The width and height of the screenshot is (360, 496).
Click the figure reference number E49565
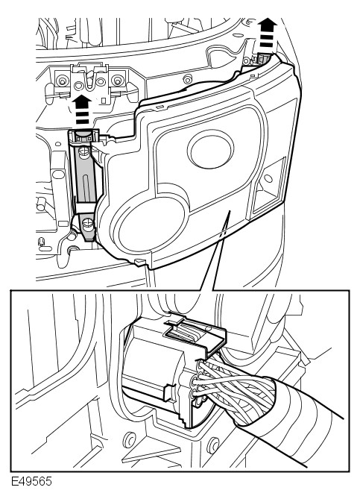tap(31, 481)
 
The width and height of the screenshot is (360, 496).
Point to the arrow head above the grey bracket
tap(82, 101)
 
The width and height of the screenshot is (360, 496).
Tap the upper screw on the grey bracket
tap(83, 152)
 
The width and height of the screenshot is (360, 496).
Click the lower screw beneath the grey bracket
tap(87, 224)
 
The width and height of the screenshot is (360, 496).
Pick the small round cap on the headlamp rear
tap(210, 148)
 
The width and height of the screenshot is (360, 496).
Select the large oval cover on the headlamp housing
tap(149, 223)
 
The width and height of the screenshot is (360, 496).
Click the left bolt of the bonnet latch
tap(61, 81)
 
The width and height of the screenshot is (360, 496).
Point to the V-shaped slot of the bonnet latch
tap(89, 81)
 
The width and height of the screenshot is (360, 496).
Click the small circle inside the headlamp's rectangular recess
tap(268, 179)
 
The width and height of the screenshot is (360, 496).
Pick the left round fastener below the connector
tap(129, 439)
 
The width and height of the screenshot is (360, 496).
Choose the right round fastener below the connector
tap(214, 445)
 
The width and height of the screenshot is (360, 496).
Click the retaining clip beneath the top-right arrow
tap(263, 59)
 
